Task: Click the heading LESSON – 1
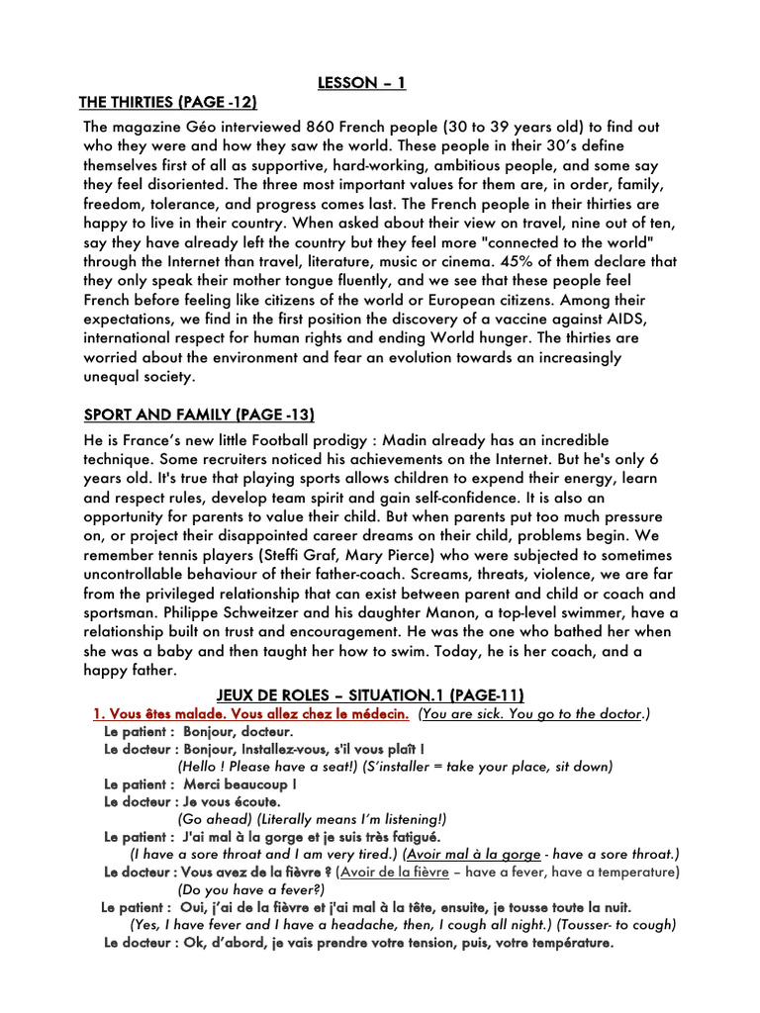click(361, 83)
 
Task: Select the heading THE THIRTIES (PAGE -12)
click(174, 103)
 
